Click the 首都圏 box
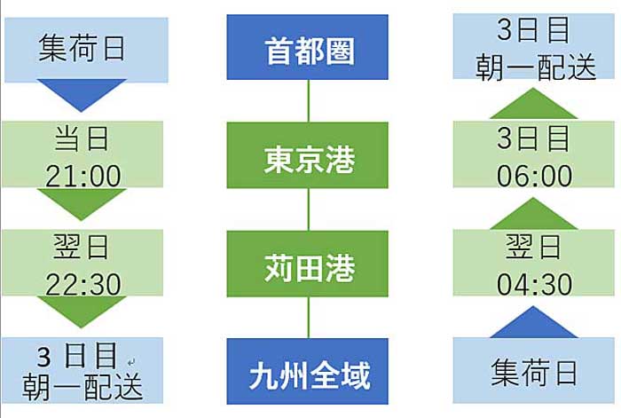pyautogui.click(x=307, y=47)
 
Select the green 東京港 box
pyautogui.click(x=307, y=155)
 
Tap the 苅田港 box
pyautogui.click(x=307, y=264)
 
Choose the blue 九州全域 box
pyautogui.click(x=307, y=371)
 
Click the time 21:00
pyautogui.click(x=83, y=176)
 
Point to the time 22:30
pyautogui.click(x=83, y=284)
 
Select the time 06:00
pyautogui.click(x=534, y=176)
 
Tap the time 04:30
pyautogui.click(x=534, y=284)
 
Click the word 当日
pyautogui.click(x=82, y=138)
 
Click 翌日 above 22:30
pyautogui.click(x=81, y=247)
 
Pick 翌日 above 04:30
pyautogui.click(x=533, y=247)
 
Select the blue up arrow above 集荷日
pyautogui.click(x=533, y=322)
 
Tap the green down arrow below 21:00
pyautogui.click(x=82, y=204)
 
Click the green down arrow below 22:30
pyautogui.click(x=82, y=312)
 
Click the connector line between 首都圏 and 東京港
pyautogui.click(x=308, y=101)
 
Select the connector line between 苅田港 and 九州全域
pyautogui.click(x=308, y=318)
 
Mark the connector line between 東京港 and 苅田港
pyautogui.click(x=308, y=209)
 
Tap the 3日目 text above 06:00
pyautogui.click(x=533, y=138)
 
